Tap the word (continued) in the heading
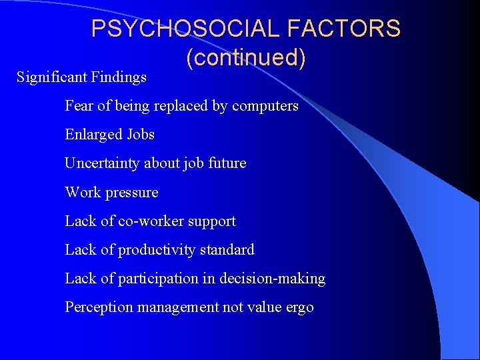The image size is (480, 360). tap(246, 58)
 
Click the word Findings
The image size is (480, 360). tap(120, 77)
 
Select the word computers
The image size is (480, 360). tap(265, 105)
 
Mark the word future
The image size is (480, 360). tap(226, 163)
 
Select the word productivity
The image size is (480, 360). tap(155, 250)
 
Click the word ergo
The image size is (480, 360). tap(299, 308)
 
